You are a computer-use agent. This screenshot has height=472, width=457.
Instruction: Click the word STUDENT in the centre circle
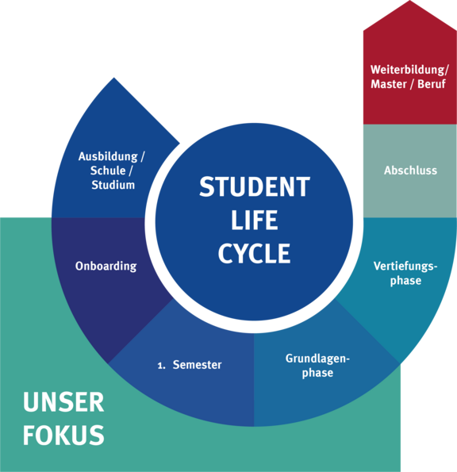[255, 186]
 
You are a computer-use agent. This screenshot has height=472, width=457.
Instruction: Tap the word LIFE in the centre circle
[255, 220]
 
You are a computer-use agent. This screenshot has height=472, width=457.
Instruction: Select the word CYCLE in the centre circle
[255, 254]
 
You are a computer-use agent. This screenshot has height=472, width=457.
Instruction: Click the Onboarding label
[106, 267]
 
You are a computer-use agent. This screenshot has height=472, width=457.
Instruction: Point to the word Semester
[198, 365]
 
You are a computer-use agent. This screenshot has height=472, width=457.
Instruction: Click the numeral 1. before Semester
[162, 366]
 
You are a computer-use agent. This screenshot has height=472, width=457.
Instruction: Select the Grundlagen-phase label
[317, 366]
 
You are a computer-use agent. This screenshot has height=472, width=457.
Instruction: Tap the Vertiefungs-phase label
[405, 274]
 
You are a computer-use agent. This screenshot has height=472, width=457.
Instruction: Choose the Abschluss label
[411, 171]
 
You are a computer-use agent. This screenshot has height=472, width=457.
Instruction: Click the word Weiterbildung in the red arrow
[408, 70]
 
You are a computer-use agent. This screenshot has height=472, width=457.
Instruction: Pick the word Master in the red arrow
[388, 84]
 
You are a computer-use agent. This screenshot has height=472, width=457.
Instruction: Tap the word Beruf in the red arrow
[432, 84]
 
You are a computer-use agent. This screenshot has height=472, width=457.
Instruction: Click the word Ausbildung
[108, 157]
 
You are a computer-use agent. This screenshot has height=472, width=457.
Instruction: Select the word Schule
[108, 171]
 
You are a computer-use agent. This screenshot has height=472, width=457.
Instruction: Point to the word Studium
[113, 185]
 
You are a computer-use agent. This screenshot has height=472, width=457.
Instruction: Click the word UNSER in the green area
[63, 402]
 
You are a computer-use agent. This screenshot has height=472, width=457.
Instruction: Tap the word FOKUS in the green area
[63, 435]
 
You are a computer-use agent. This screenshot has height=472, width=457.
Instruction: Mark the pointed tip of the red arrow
[410, 1]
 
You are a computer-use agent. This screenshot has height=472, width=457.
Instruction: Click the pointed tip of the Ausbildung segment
[113, 78]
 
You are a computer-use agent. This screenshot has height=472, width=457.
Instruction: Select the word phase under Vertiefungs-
[405, 281]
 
